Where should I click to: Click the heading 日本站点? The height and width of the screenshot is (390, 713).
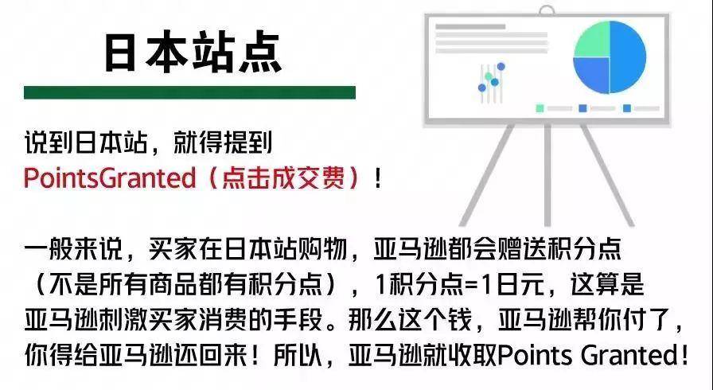pyautogui.click(x=193, y=53)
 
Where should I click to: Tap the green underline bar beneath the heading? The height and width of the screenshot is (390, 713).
pyautogui.click(x=189, y=92)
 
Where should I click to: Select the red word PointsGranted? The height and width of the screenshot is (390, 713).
pyautogui.click(x=110, y=177)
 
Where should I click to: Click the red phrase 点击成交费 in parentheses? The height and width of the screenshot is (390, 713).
pyautogui.click(x=283, y=177)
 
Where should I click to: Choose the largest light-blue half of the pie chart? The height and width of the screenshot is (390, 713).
pyautogui.click(x=629, y=57)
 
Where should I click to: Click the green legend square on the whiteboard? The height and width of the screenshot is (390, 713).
pyautogui.click(x=540, y=108)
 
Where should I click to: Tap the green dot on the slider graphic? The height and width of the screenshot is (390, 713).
pyautogui.click(x=489, y=76)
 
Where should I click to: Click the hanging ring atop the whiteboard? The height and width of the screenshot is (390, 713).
pyautogui.click(x=546, y=10)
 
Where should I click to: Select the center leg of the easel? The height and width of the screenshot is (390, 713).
pyautogui.click(x=547, y=175)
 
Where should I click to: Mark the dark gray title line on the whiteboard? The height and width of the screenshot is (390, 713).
pyautogui.click(x=470, y=27)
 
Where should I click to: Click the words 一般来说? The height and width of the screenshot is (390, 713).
pyautogui.click(x=73, y=249)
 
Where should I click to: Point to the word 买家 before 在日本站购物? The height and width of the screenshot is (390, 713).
pyautogui.click(x=173, y=249)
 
